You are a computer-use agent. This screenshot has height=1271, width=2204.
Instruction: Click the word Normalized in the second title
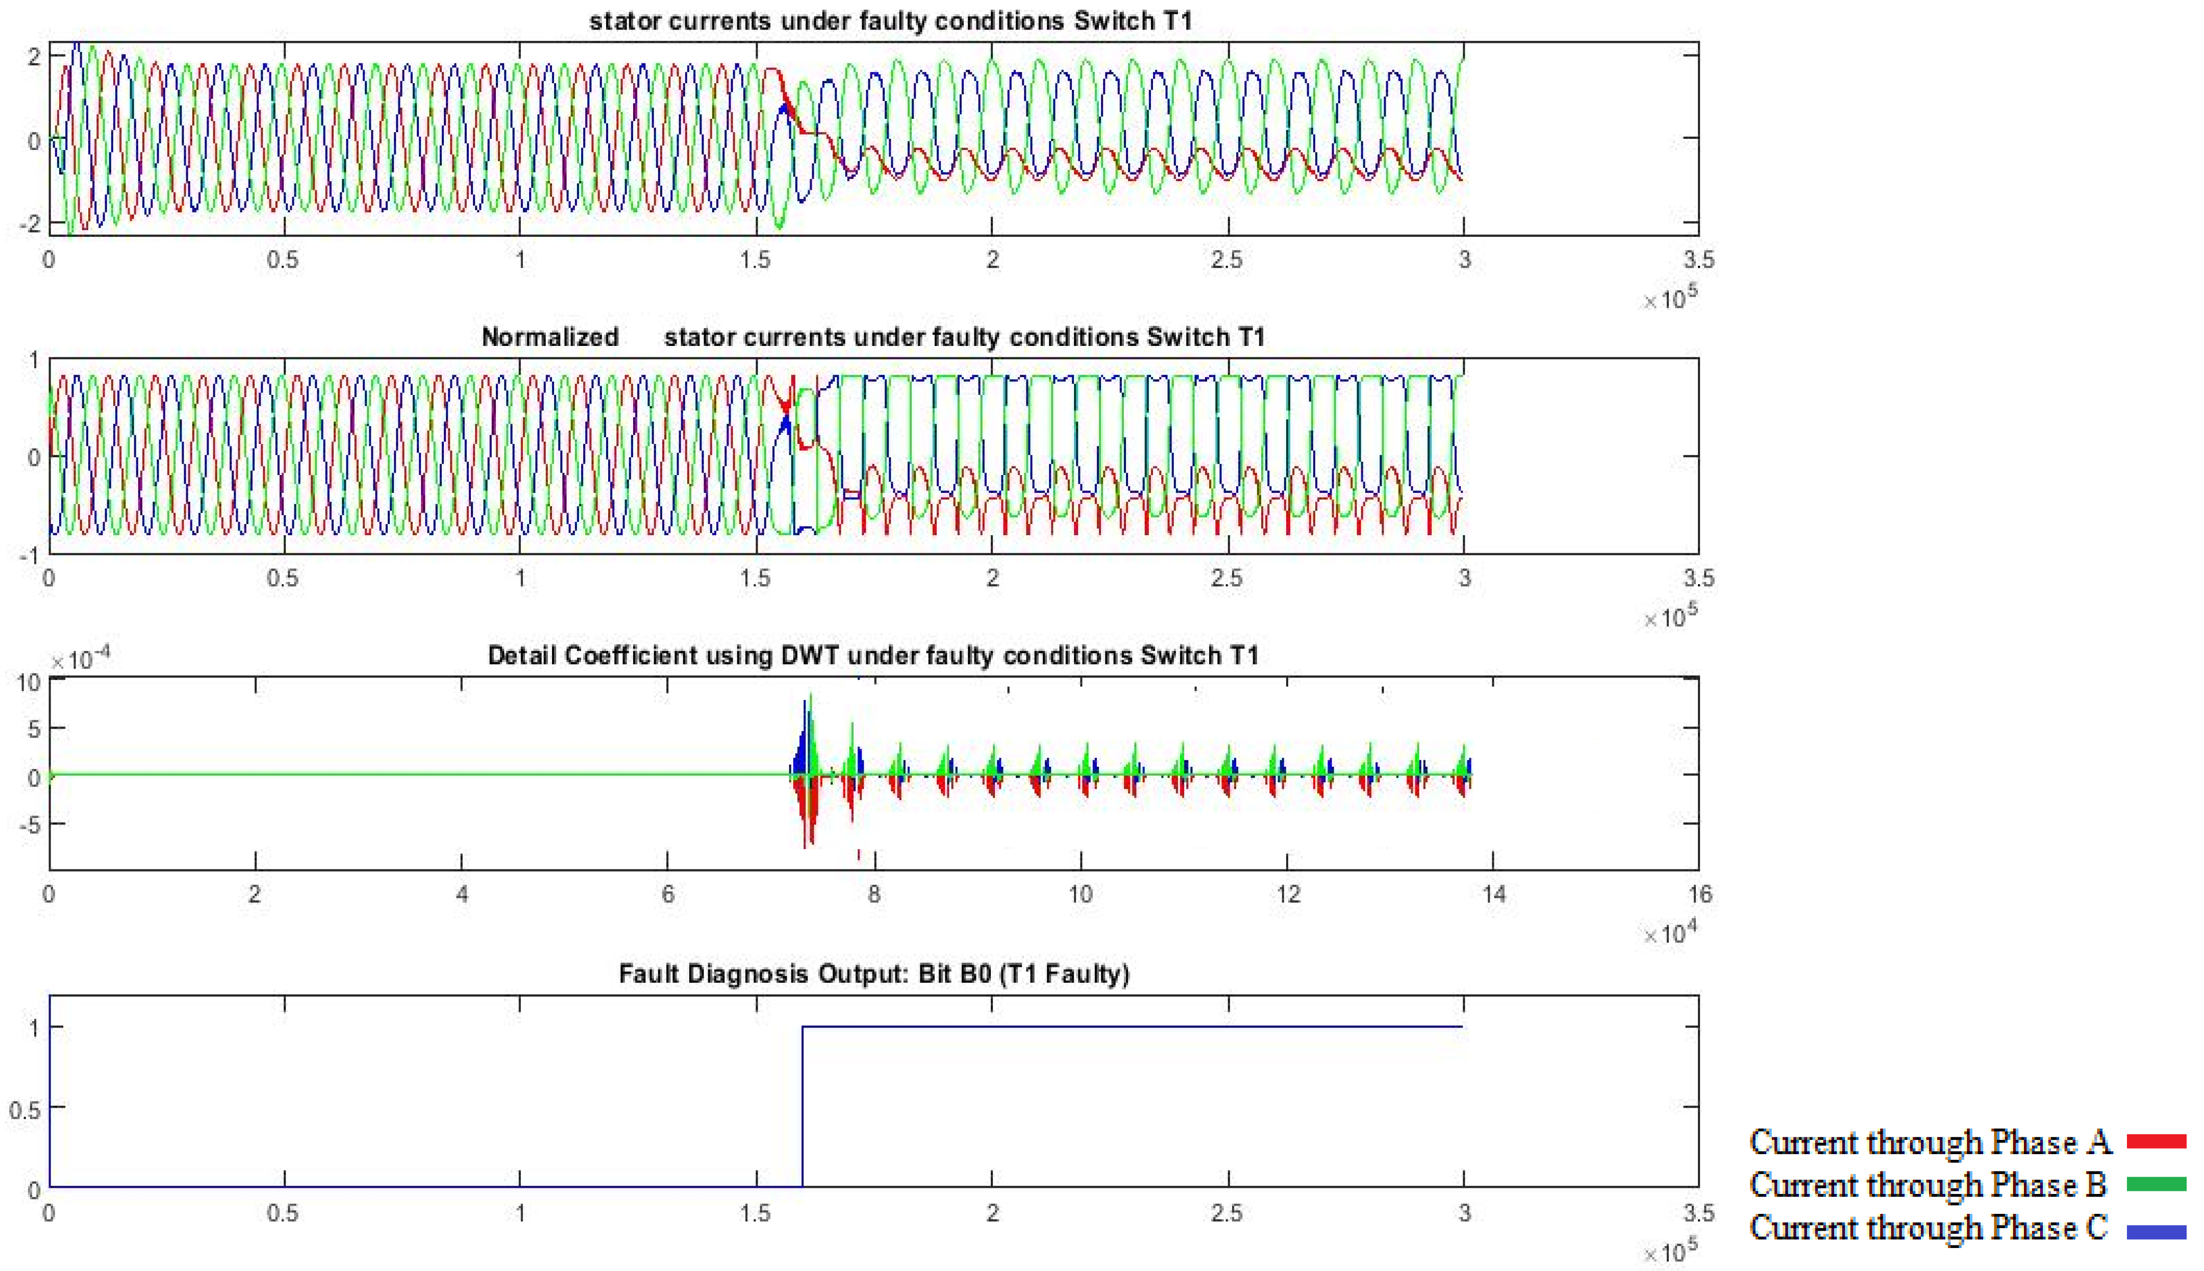click(x=550, y=337)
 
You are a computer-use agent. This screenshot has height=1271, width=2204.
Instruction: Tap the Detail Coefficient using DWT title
click(x=873, y=656)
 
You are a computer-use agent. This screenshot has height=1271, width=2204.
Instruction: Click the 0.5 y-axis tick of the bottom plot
click(x=24, y=1109)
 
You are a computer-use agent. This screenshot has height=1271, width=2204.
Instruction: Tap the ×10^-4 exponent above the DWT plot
click(x=80, y=659)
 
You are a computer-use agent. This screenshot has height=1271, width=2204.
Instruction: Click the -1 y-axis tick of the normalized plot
click(x=29, y=555)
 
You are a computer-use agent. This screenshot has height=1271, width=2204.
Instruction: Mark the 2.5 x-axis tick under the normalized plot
click(x=1228, y=578)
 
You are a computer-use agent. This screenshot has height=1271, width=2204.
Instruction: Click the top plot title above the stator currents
click(x=890, y=21)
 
